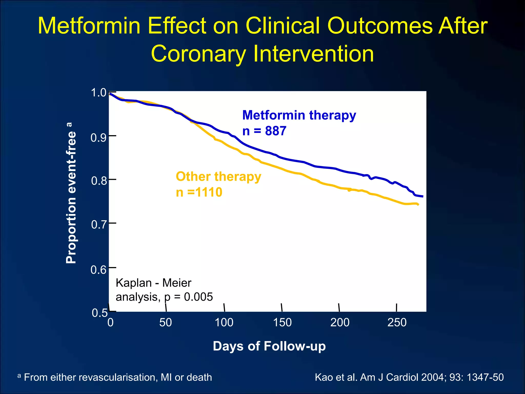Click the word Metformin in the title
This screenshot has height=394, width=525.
(x=89, y=26)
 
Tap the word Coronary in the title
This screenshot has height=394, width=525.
(x=198, y=54)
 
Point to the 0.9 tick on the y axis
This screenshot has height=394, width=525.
(x=98, y=138)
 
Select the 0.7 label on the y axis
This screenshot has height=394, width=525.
(x=99, y=224)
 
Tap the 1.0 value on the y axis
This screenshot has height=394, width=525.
(x=99, y=93)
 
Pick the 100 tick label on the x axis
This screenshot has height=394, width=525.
(x=224, y=322)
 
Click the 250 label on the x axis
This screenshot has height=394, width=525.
(x=397, y=322)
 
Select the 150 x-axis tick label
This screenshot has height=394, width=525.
(x=282, y=322)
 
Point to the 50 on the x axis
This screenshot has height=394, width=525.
(x=166, y=322)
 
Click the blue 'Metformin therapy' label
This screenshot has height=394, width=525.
(x=299, y=115)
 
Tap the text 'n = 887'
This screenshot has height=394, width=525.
(x=264, y=131)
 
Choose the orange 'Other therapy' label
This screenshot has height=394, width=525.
(x=218, y=177)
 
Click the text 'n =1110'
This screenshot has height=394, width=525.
(x=199, y=192)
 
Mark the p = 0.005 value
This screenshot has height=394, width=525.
(x=189, y=297)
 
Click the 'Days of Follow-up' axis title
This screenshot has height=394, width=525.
(x=269, y=346)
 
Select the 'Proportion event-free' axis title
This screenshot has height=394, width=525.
(x=71, y=193)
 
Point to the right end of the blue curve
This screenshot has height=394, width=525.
(x=422, y=196)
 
